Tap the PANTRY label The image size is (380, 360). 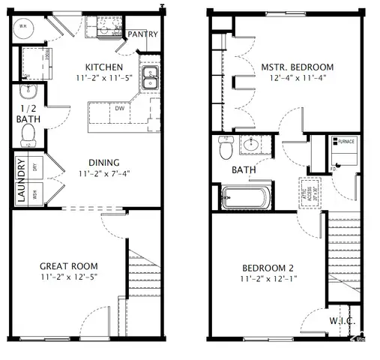click(142, 34)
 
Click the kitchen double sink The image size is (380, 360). click(150, 79)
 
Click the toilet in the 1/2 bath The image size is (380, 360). click(28, 133)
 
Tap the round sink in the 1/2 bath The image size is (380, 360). click(28, 92)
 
